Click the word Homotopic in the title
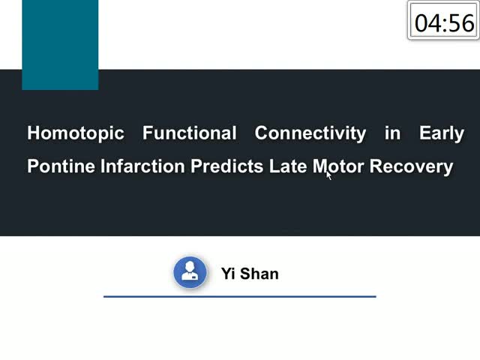[76, 133]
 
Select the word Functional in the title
[190, 133]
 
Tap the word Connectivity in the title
[310, 133]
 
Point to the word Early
[442, 133]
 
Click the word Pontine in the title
[61, 166]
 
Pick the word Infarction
[142, 166]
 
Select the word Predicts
[226, 166]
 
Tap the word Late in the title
[288, 166]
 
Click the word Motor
[338, 166]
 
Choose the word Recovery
[411, 166]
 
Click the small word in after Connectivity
[393, 133]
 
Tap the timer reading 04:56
[444, 23]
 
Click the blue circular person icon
[190, 272]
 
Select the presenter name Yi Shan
[250, 273]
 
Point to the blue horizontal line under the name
[240, 296]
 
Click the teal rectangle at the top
[60, 45]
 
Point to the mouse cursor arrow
[328, 175]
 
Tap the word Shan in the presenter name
[259, 273]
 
